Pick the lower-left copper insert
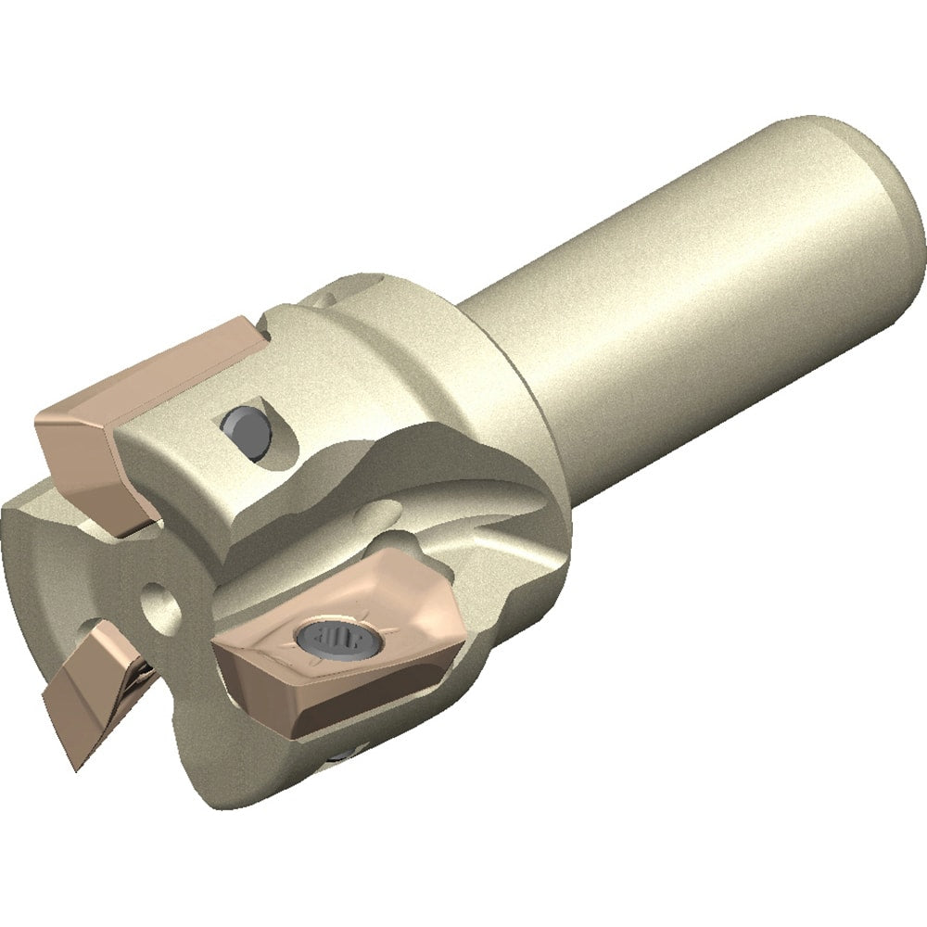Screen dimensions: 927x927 tap(93, 686)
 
